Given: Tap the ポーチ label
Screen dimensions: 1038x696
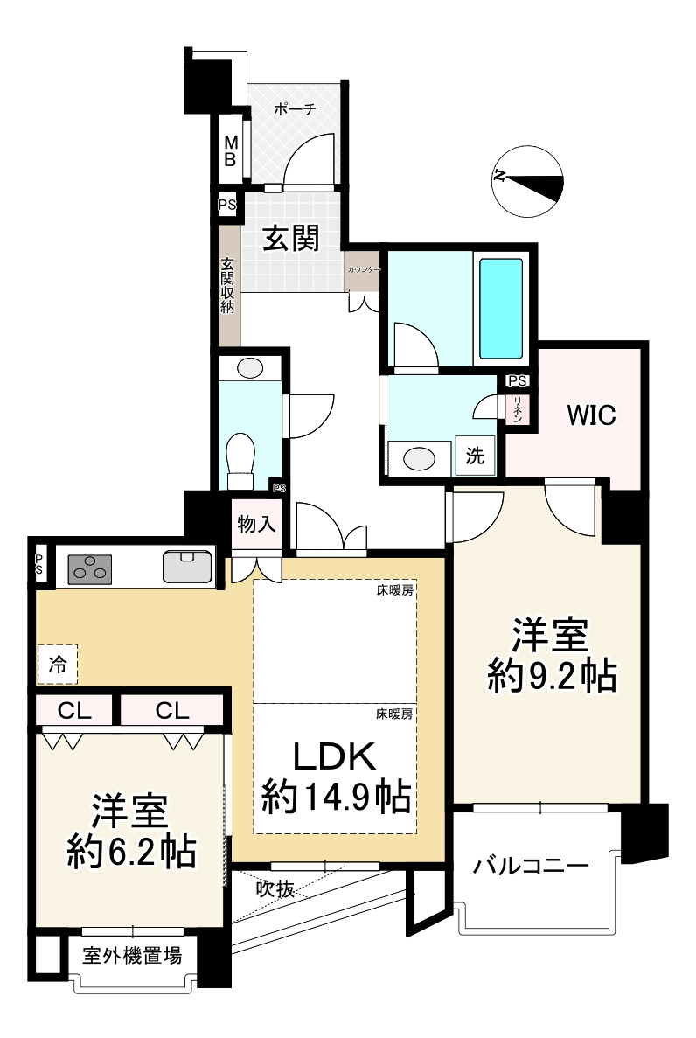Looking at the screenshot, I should (294, 109).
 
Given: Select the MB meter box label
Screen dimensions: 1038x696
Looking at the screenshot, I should (230, 150).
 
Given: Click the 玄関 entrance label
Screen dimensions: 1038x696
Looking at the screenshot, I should (291, 238).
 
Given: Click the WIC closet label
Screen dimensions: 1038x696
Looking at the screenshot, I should (591, 415).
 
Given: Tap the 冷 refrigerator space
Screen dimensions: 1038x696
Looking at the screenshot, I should (57, 665).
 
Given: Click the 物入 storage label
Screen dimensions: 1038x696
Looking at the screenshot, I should (256, 525).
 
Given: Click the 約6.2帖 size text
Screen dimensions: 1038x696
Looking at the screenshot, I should (131, 851).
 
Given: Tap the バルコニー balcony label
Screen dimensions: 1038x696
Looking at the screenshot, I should (530, 867).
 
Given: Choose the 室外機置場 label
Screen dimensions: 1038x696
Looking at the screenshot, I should (133, 956).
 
